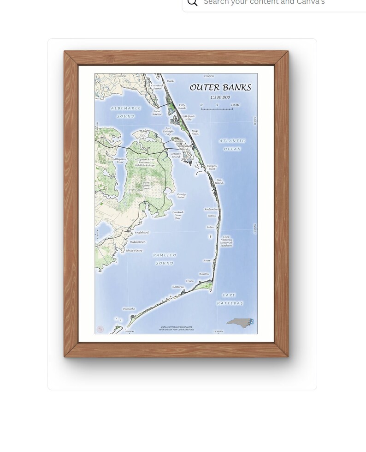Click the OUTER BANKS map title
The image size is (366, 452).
[220, 88]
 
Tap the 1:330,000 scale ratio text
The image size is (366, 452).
[220, 97]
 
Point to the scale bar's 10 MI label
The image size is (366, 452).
[235, 105]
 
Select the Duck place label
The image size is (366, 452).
[171, 81]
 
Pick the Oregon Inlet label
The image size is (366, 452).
[212, 168]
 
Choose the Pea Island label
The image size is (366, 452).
[219, 181]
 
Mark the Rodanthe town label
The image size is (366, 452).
[211, 209]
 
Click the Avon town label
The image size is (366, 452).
[207, 260]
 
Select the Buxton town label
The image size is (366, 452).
[204, 274]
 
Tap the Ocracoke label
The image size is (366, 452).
[129, 308]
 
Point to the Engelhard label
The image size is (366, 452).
[142, 232]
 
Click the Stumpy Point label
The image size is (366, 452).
[181, 196]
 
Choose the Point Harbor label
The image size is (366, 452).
[157, 113]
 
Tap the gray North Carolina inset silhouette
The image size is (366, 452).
[239, 322]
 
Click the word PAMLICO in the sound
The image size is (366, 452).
[165, 255]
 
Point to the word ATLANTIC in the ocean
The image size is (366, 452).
[232, 141]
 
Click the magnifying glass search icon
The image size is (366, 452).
[193, 2]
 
